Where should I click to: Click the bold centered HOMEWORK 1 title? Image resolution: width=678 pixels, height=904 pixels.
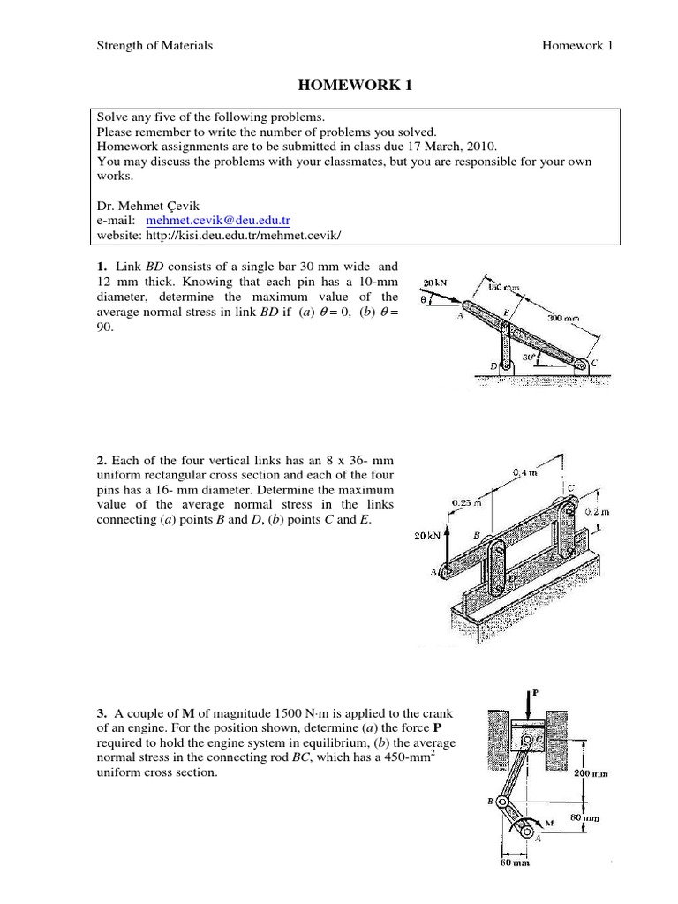[356, 86]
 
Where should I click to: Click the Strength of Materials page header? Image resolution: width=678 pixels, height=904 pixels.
[154, 45]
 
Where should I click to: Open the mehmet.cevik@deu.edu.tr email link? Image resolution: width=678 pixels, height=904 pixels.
[217, 220]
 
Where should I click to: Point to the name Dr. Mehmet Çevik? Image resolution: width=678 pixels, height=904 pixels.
[140, 205]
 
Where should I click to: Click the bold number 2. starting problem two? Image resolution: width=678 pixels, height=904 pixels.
[102, 460]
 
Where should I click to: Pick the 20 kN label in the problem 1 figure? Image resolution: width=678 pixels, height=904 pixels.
[436, 283]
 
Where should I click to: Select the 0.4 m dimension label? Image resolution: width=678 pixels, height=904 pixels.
[524, 472]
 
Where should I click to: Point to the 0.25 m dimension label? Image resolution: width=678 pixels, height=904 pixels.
[464, 503]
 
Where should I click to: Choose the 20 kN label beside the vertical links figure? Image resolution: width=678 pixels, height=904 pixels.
[428, 535]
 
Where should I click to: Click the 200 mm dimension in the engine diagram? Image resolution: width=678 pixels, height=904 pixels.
[591, 772]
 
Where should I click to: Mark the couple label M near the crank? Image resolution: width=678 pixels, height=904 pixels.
[548, 824]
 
